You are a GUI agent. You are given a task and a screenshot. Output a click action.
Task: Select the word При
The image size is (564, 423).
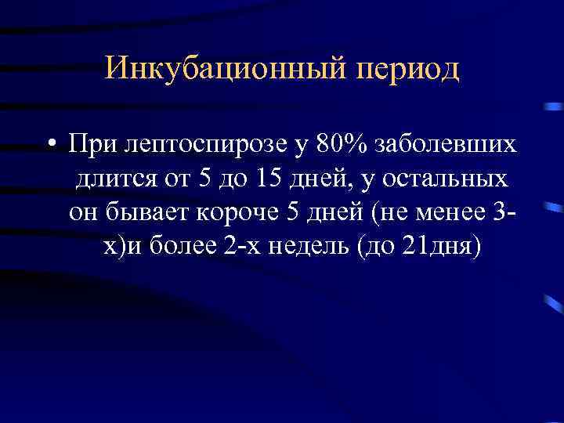coord(91,144)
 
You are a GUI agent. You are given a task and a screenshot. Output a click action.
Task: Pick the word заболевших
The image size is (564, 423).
coord(446,144)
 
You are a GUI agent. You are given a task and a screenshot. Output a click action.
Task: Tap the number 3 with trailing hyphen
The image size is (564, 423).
coord(509,213)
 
